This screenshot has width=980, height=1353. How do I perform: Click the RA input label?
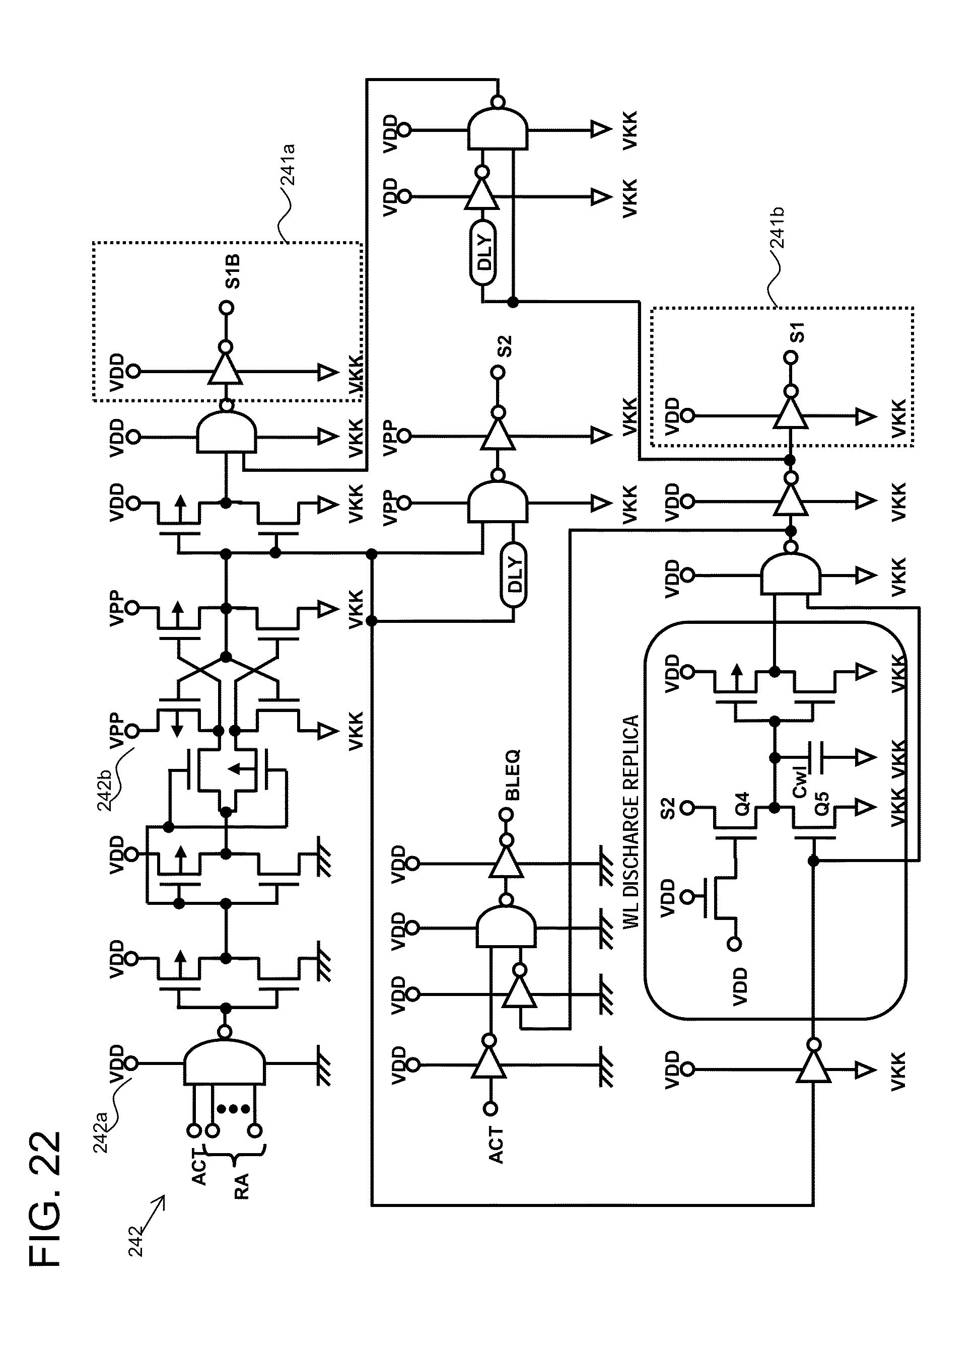(x=241, y=1185)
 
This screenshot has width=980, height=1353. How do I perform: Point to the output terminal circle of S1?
(x=790, y=358)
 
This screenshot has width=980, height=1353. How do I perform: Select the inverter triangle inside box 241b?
(x=790, y=414)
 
